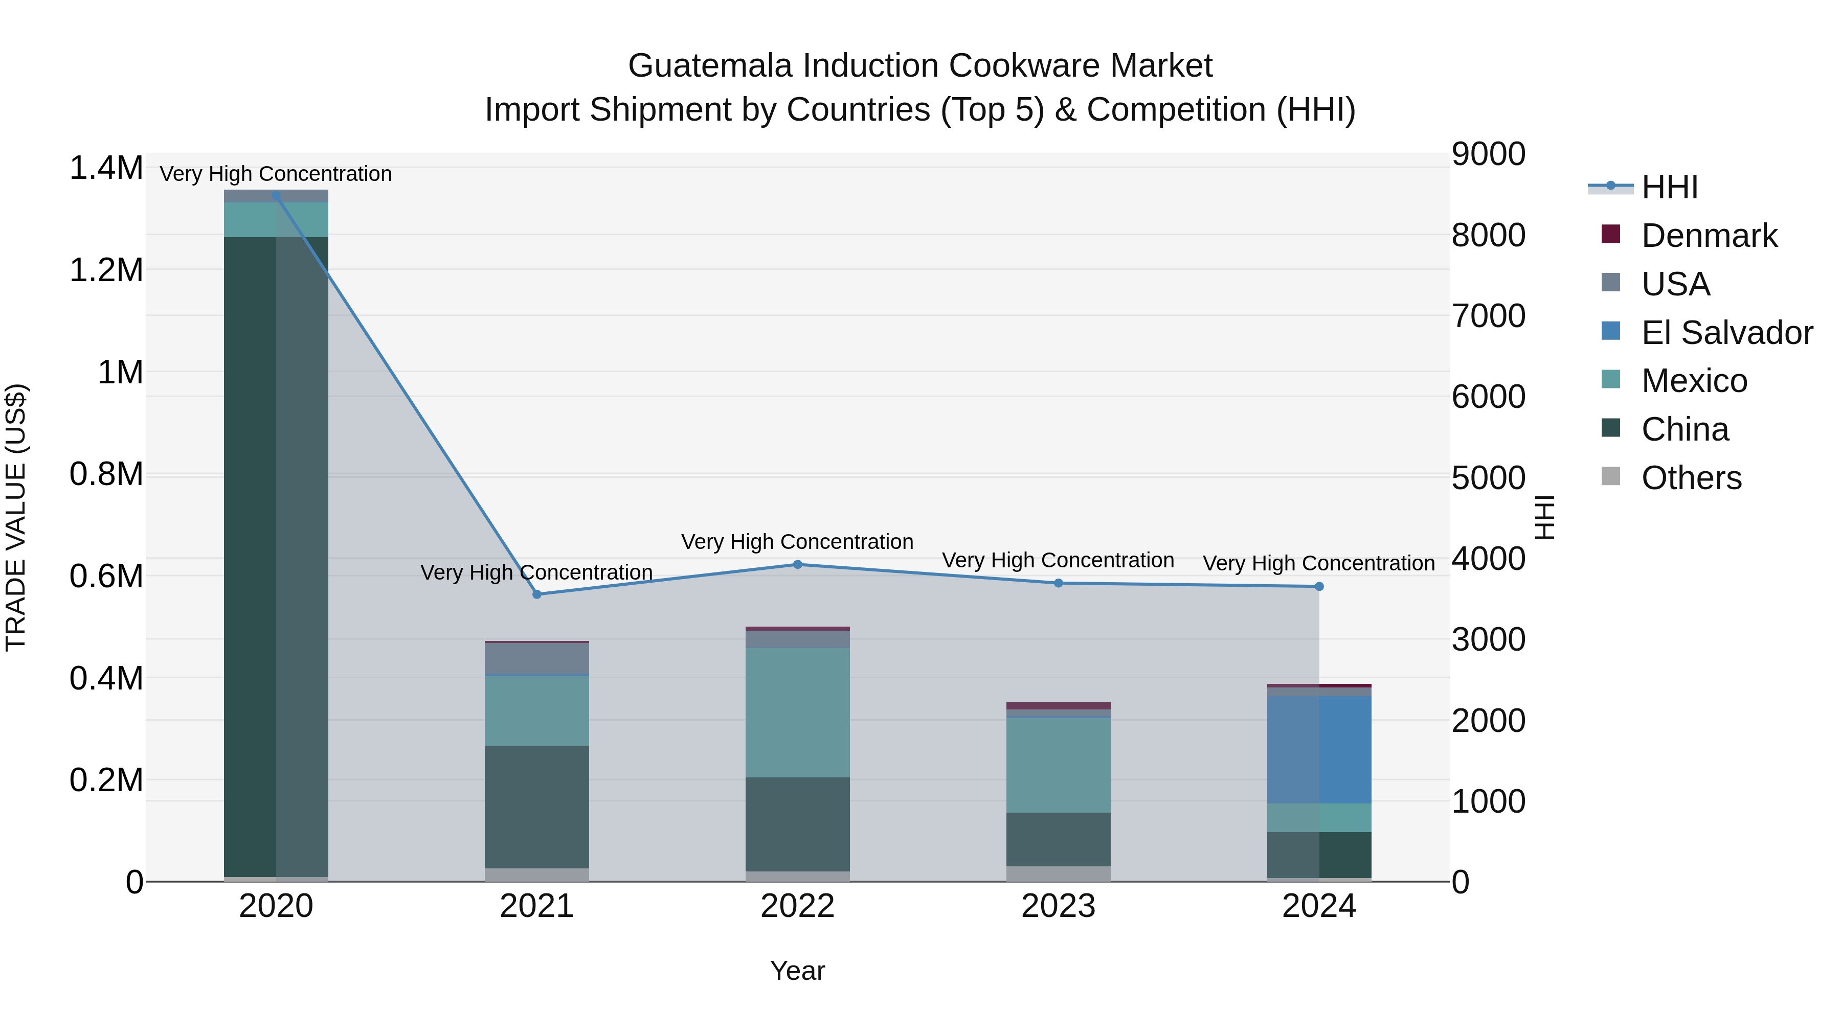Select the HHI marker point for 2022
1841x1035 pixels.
[798, 564]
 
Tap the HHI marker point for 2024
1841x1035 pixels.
[1319, 586]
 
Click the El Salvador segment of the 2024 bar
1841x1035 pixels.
[1319, 750]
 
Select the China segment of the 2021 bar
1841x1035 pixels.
[537, 807]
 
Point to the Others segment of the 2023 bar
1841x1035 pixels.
[1059, 873]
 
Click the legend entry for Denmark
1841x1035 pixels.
[1708, 236]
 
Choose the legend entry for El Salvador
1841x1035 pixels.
[1726, 333]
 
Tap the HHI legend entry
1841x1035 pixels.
[1669, 187]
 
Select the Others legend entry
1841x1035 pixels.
[1690, 478]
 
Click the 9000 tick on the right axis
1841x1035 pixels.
[1488, 154]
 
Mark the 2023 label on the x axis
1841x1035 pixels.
[1059, 906]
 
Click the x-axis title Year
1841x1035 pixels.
[798, 971]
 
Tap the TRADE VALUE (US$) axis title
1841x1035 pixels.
[16, 517]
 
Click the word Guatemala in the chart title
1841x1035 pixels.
[710, 66]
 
